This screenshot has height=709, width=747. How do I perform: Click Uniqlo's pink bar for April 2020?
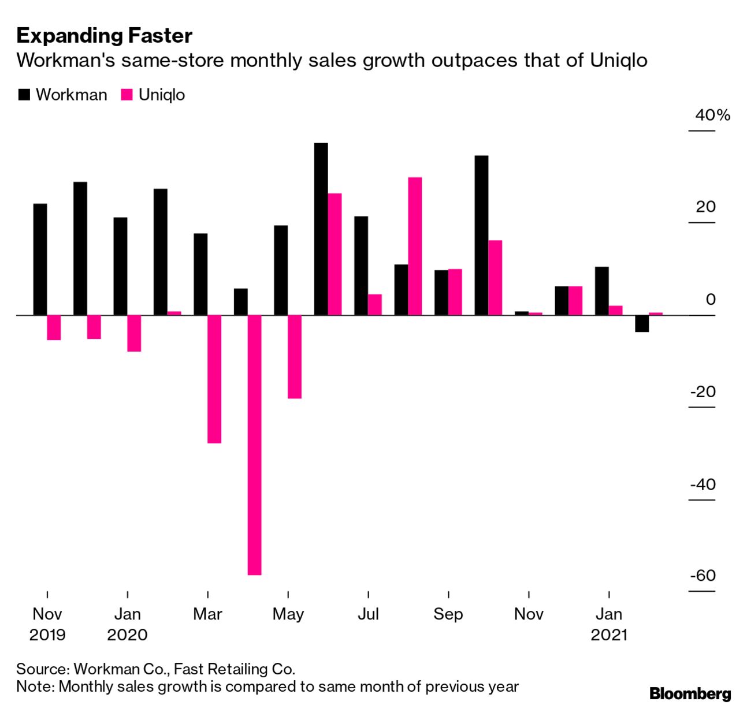point(254,445)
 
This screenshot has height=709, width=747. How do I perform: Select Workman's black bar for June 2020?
point(321,229)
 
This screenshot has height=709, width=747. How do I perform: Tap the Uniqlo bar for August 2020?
point(415,246)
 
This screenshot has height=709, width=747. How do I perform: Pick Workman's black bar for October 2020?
point(481,235)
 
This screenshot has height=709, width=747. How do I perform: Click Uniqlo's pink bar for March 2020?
point(214,379)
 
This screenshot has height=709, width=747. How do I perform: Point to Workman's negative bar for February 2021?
point(641,323)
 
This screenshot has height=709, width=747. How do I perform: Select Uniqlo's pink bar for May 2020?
point(295,357)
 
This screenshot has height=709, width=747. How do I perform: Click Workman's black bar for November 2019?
point(40,259)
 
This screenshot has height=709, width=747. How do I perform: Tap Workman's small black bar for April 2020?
point(240,301)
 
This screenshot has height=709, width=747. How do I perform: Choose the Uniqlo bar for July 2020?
point(375,304)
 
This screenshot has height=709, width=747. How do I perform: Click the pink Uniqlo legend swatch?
point(127,95)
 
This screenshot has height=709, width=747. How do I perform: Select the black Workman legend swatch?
point(24,95)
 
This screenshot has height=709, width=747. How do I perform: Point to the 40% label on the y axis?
point(712,115)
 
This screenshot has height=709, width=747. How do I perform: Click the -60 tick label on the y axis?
point(702,576)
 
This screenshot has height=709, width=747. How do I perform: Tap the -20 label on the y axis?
point(703,391)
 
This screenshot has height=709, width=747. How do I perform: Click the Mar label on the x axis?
point(207,614)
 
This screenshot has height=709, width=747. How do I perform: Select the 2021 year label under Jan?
point(609,635)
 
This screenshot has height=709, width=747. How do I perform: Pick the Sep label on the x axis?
point(448,614)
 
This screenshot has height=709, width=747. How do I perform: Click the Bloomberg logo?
point(690,693)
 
